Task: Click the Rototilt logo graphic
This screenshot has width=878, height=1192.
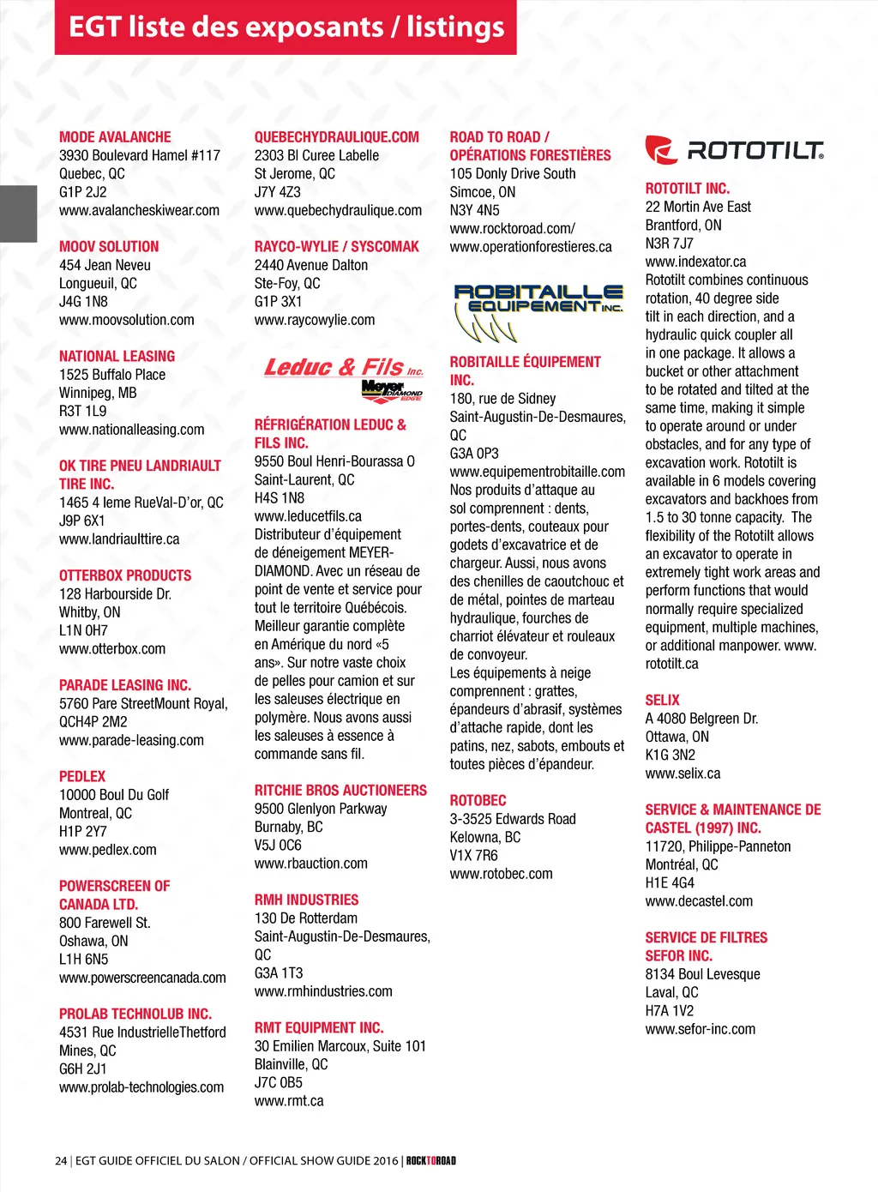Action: click(x=734, y=151)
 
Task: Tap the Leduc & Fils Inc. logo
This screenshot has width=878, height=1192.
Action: click(x=344, y=375)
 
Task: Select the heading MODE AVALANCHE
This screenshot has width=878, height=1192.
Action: click(x=115, y=137)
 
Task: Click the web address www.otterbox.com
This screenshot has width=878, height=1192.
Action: click(x=112, y=649)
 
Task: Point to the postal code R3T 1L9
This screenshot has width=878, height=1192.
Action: click(x=83, y=412)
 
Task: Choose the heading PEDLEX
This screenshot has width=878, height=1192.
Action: click(x=82, y=776)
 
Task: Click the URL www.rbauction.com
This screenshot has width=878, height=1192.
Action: click(x=311, y=864)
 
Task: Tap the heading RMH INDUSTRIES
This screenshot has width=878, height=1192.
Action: click(x=306, y=900)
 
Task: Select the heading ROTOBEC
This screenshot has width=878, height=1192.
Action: click(x=478, y=800)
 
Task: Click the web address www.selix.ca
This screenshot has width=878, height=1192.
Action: click(x=683, y=774)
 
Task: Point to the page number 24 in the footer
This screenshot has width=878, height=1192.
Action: click(x=61, y=1161)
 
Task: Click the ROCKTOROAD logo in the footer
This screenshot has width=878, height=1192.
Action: click(x=431, y=1161)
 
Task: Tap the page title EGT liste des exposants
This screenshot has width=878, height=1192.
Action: click(x=286, y=27)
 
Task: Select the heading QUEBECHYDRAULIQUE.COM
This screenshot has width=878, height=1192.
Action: click(x=337, y=137)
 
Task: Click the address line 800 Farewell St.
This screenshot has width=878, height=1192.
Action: click(x=105, y=923)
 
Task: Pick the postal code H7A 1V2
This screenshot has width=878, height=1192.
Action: click(x=670, y=1010)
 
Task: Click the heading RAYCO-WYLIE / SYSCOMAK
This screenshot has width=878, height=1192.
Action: click(x=337, y=247)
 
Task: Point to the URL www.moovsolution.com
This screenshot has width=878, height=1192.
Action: click(x=127, y=320)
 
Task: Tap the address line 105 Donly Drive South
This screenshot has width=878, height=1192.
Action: click(x=513, y=173)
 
